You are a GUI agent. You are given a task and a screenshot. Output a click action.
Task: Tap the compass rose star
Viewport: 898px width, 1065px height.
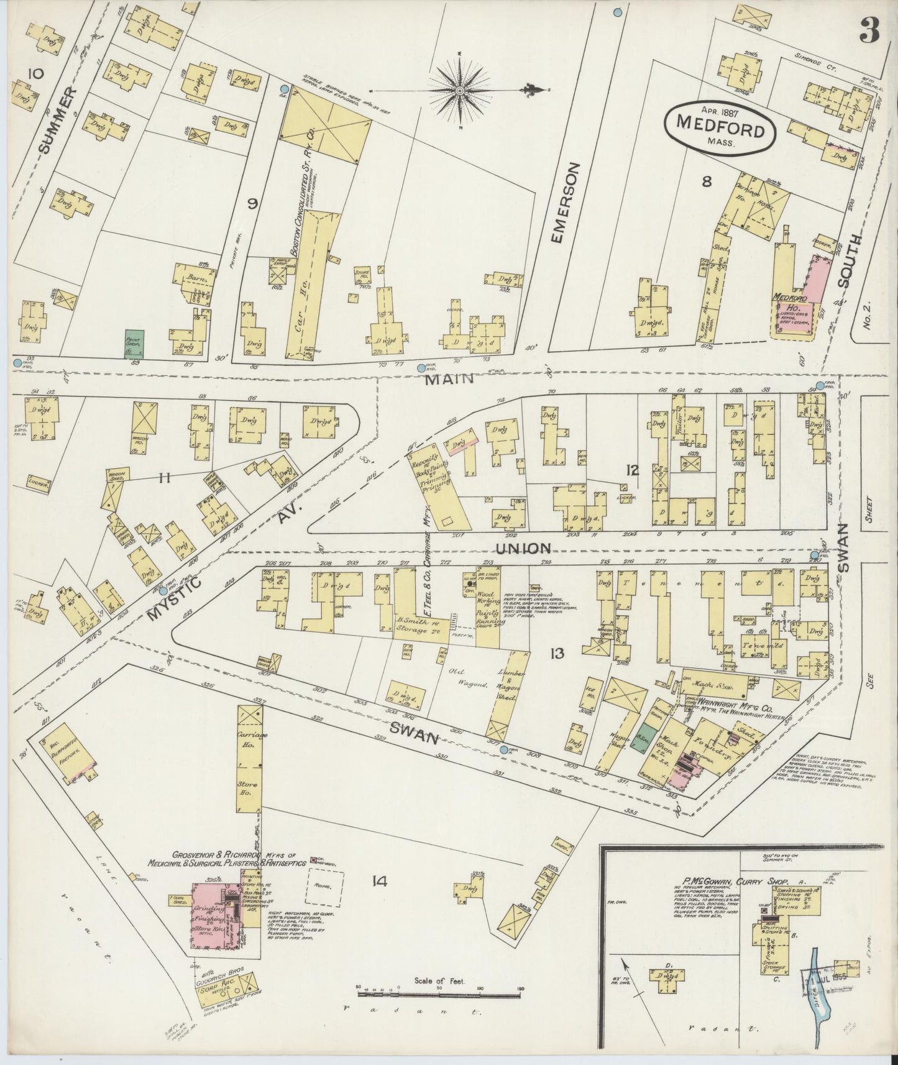point(459,92)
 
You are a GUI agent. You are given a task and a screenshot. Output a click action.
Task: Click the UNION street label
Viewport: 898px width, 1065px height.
point(523,548)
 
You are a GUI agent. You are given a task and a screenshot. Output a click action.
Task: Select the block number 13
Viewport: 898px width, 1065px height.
point(556,653)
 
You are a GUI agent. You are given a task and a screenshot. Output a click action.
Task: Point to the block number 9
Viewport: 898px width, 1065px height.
point(252,204)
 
